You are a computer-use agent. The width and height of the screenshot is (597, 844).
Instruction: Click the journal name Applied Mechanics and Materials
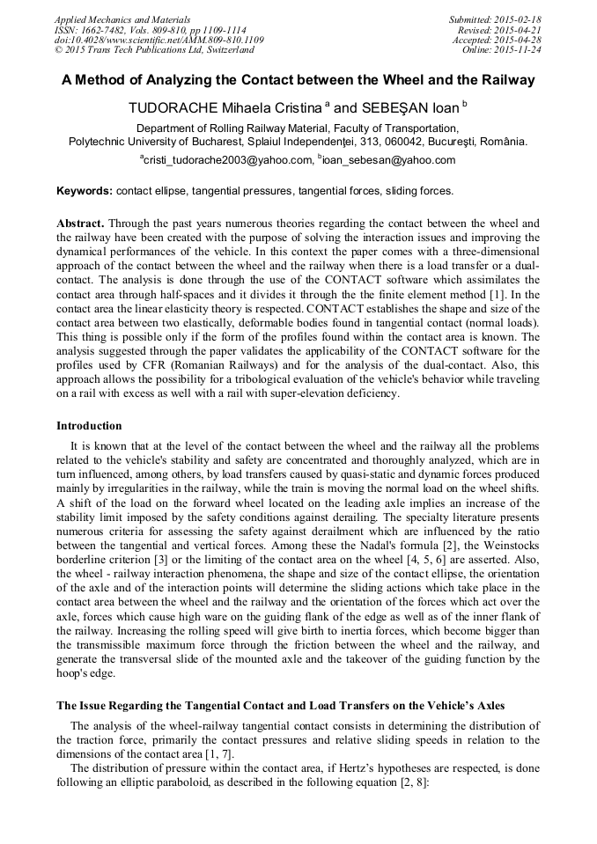coord(122,19)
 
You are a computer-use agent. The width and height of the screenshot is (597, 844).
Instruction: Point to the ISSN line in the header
coord(150,30)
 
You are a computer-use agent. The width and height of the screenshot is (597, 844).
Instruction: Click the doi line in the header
coord(158,40)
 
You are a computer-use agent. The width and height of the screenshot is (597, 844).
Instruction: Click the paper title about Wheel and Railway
coord(298,80)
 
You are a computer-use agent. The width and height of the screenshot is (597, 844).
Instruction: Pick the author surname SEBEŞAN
coord(392,108)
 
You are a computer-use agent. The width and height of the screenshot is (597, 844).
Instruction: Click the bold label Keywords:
coord(85,190)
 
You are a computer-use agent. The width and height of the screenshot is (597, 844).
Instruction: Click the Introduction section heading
coord(89,426)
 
